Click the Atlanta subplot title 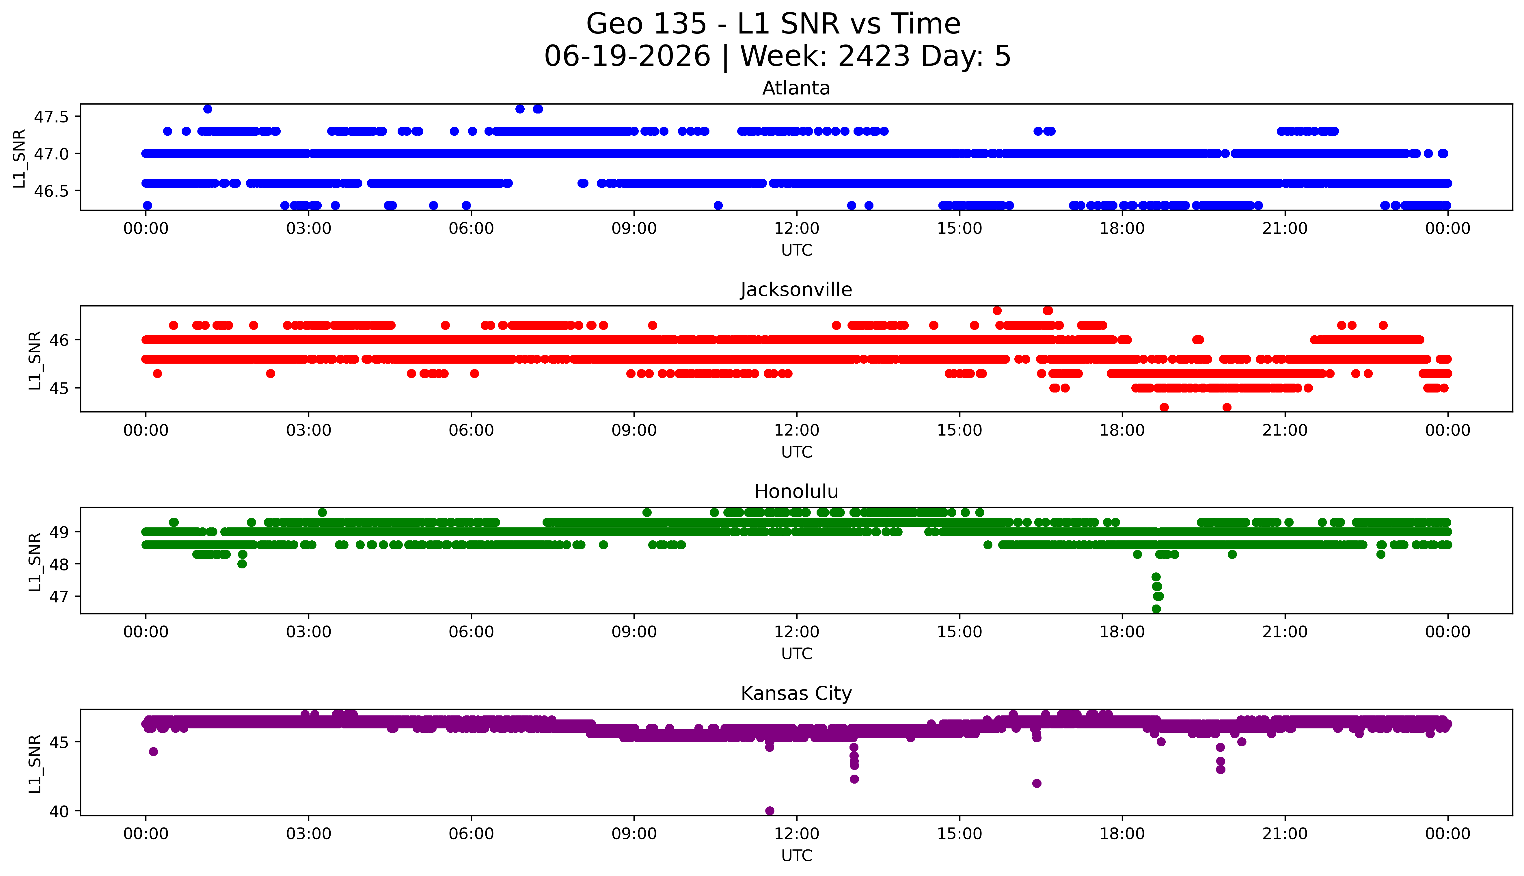796,88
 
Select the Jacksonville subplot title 796,290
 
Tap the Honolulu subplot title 796,492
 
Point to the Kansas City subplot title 796,694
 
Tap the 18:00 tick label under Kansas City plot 1122,834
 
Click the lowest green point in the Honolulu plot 1156,609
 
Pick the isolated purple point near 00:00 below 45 153,752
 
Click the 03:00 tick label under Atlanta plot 309,229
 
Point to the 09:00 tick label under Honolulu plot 634,632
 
